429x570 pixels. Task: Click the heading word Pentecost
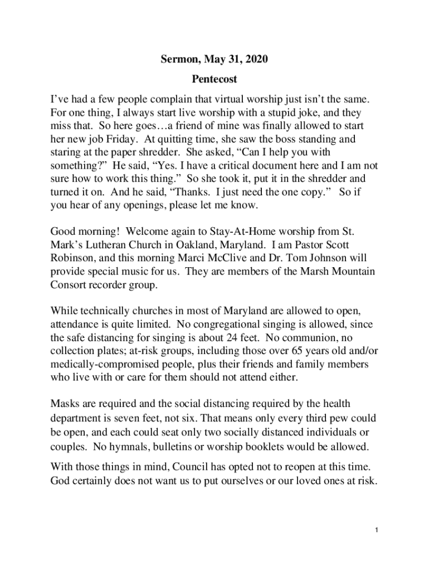point(214,80)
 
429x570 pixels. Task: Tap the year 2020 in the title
point(257,59)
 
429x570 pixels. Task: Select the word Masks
point(65,403)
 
